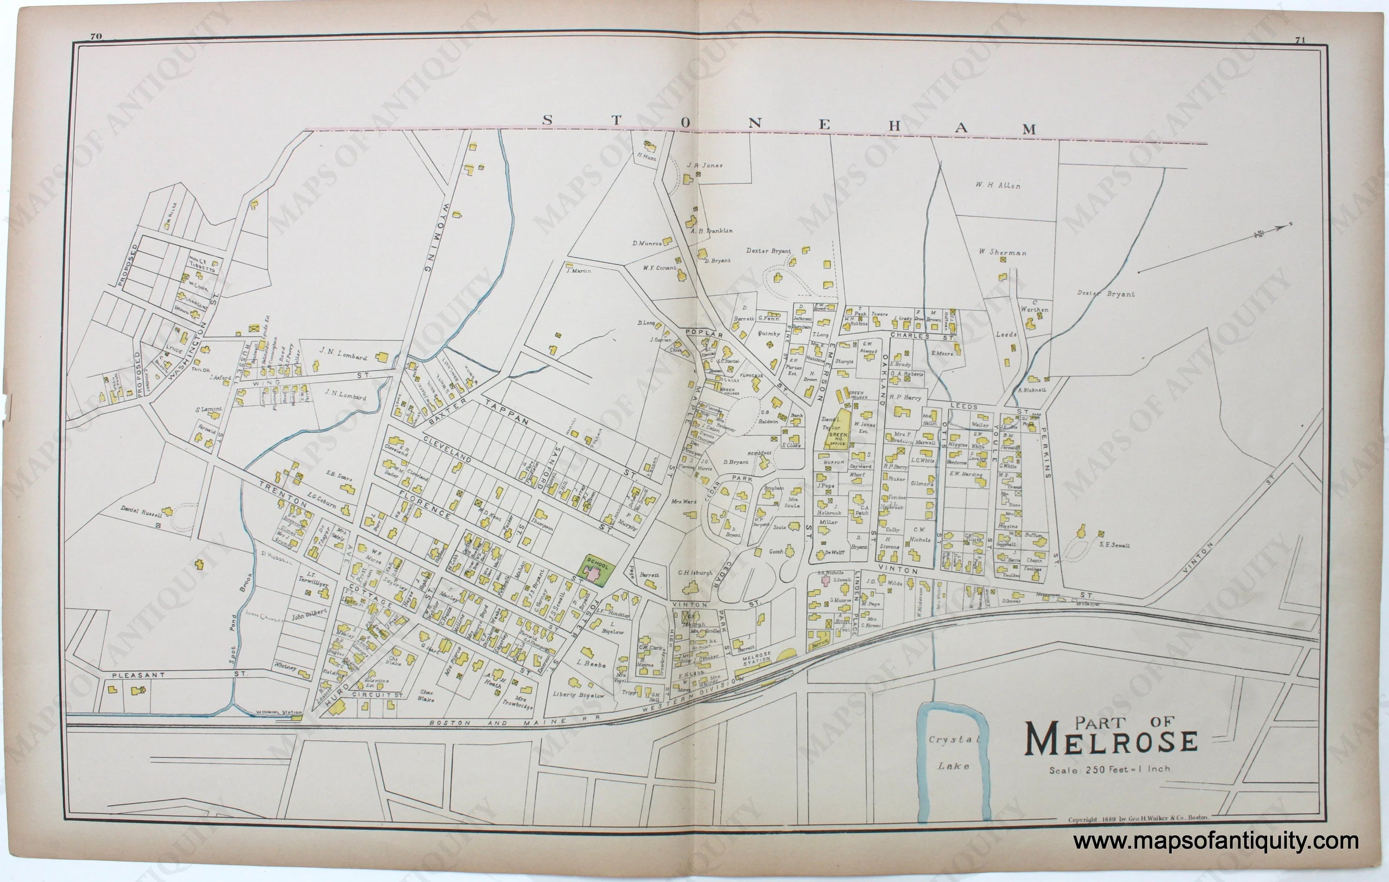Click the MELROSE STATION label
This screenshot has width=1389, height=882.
pos(756,658)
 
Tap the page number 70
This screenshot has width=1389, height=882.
pos(96,36)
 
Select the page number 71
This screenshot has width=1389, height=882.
pos(1300,40)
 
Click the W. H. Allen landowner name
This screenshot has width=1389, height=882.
pos(998,186)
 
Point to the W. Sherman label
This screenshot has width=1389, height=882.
pos(1002,252)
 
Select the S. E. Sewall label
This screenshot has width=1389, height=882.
pos(1114,544)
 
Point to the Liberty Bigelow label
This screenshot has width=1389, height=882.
pos(579,695)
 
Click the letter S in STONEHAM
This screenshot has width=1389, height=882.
pos(547,120)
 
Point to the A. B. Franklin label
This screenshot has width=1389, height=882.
pos(711,231)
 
